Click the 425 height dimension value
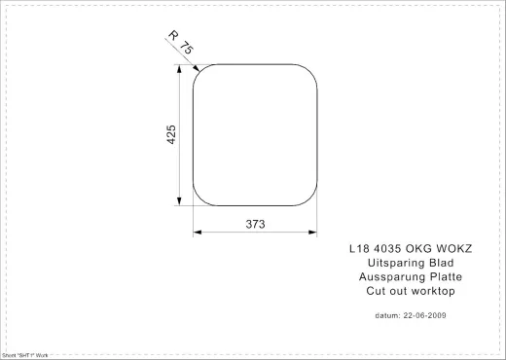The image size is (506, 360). pos(170,135)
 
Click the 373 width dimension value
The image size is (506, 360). pos(255,223)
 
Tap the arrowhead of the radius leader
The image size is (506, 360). pos(197,70)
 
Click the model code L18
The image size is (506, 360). pos(360,248)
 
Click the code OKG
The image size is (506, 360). pos(424,248)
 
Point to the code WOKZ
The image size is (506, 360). pos(458,248)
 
